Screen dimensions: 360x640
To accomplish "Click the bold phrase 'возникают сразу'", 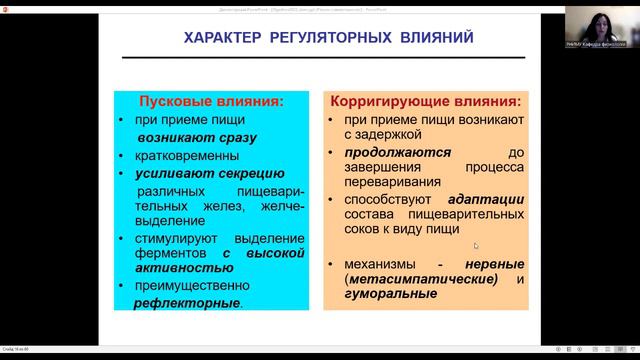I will coord(197,138).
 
